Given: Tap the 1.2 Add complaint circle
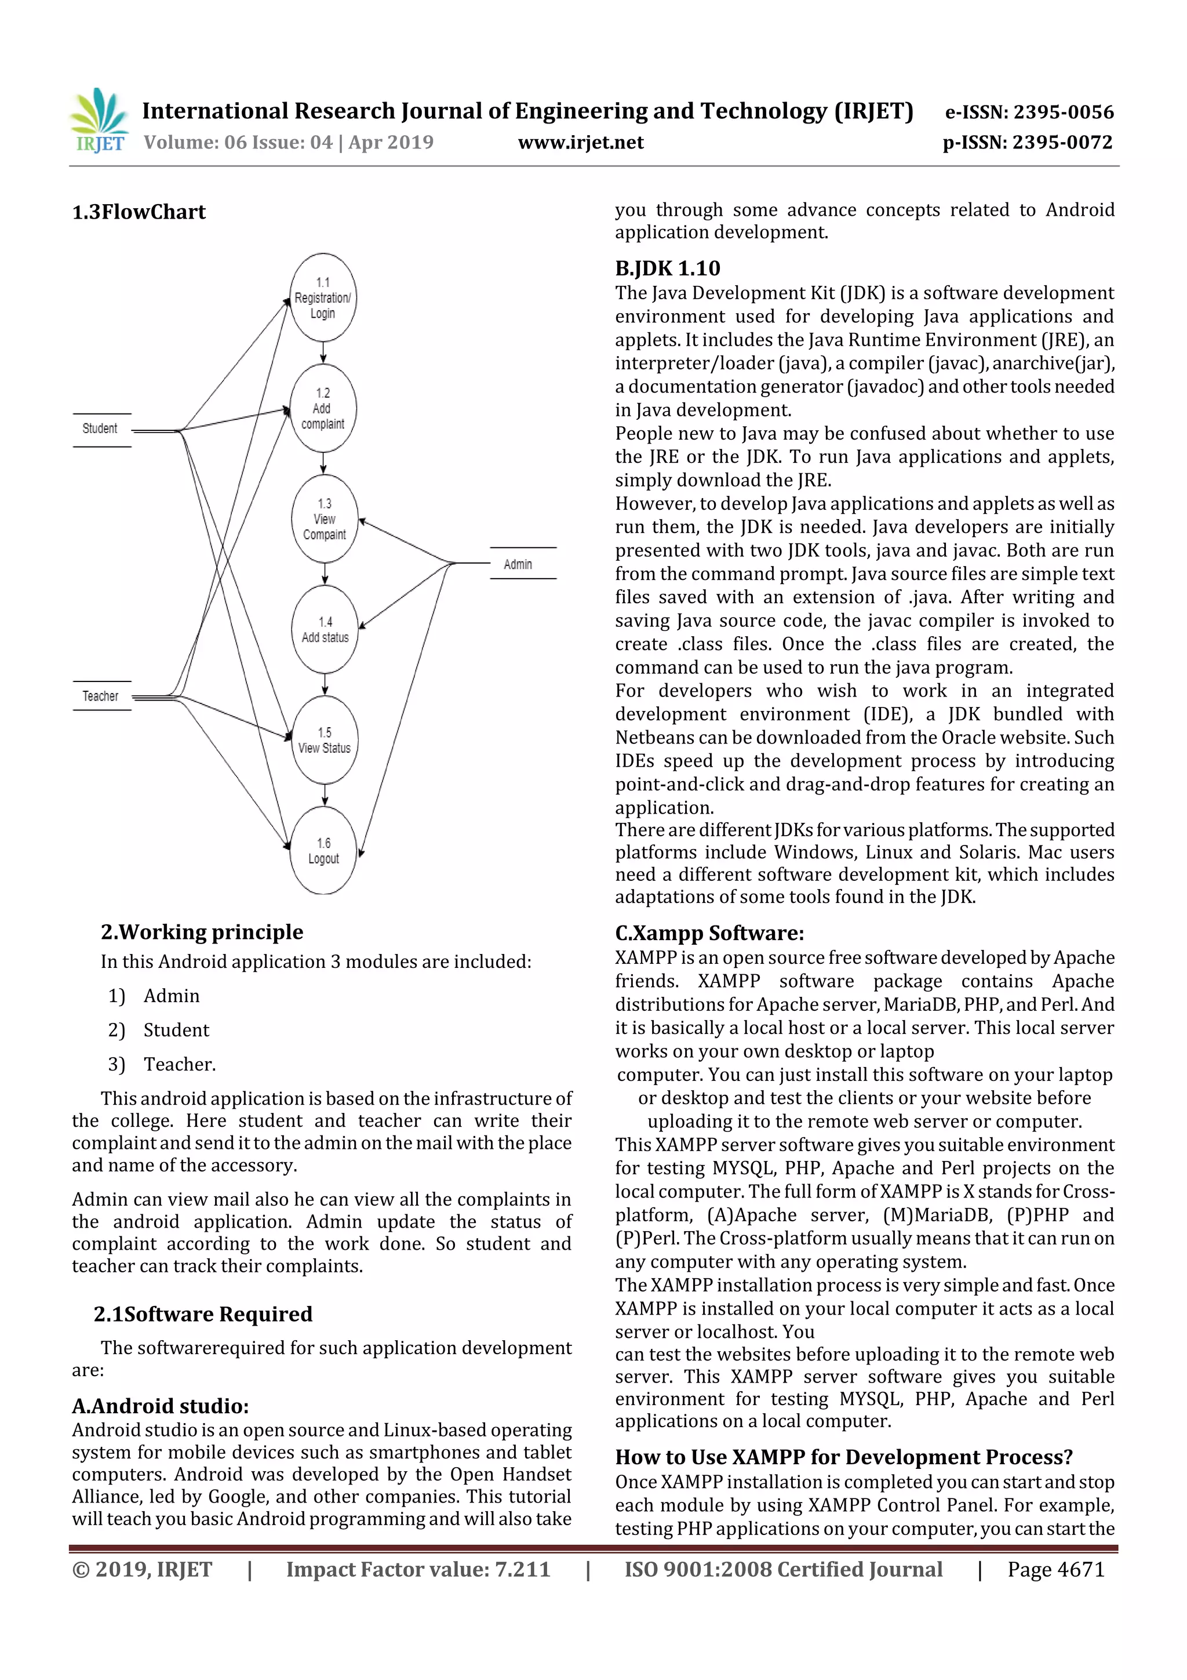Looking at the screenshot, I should tap(322, 408).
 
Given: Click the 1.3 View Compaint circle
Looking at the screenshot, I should tap(324, 519).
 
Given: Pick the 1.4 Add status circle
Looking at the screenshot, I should tap(325, 629).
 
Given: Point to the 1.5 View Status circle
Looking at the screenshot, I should tap(324, 740).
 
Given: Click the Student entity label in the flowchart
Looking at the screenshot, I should tap(100, 429).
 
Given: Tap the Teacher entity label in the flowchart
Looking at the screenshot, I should tap(100, 696).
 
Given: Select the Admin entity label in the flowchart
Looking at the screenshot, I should tap(518, 564).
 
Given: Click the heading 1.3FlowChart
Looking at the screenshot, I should tap(139, 212).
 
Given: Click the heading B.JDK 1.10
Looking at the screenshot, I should tap(667, 268).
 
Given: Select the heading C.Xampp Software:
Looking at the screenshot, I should tap(709, 933).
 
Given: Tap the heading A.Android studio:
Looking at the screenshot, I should tap(160, 1406).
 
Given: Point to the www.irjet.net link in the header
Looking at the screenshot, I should tap(581, 142).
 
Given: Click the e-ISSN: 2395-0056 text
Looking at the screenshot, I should tap(1029, 112).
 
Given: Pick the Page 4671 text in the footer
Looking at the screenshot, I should tap(1055, 1569).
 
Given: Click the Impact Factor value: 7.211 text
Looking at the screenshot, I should tap(418, 1569).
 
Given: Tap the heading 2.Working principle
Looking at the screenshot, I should tap(202, 931).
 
